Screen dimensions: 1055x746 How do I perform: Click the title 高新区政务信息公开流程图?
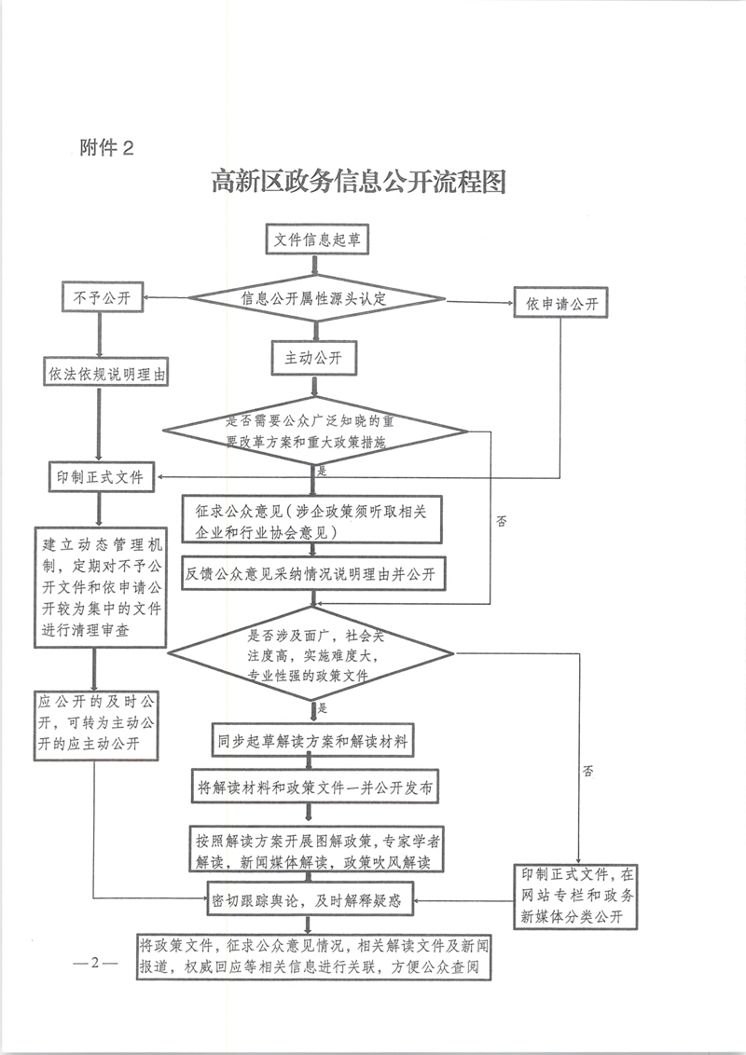pos(359,182)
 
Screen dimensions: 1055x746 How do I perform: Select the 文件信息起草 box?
pos(317,240)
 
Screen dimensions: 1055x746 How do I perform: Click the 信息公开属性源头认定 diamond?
pos(317,299)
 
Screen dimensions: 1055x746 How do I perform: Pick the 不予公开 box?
pos(101,299)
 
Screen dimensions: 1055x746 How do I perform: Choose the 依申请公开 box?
pos(560,304)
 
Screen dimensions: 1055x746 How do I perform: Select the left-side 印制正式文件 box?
pos(101,477)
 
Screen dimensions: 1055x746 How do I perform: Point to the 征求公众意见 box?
pos(314,521)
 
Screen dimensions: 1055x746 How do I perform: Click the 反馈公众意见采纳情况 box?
pos(314,574)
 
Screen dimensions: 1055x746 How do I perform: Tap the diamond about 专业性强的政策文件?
pos(315,654)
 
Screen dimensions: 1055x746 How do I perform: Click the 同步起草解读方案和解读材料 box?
pos(313,741)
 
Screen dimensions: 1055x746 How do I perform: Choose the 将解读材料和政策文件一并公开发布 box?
pos(314,787)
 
